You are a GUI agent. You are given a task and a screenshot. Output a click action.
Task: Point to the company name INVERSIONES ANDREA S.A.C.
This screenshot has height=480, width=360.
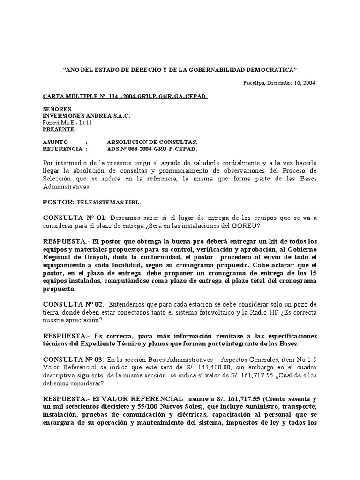tap(86, 116)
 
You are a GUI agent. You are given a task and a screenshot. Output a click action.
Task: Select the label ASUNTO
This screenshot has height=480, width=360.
tap(55, 142)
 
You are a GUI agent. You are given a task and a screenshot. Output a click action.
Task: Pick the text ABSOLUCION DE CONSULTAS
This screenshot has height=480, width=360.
tap(152, 142)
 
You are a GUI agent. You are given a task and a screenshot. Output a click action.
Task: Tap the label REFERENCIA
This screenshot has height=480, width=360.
tap(62, 149)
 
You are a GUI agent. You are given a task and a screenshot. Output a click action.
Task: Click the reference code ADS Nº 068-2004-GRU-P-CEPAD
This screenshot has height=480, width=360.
tap(152, 149)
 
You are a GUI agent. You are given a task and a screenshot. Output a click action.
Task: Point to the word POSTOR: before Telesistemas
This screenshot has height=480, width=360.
tap(61, 202)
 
